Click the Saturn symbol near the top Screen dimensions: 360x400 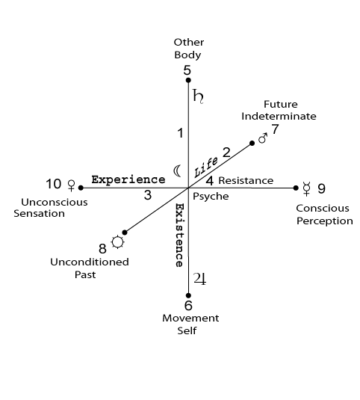198,96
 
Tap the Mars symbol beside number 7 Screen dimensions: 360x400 263,138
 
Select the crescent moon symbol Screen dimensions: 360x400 178,171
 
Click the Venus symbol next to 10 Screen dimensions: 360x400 72,185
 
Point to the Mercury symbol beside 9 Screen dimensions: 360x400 306,188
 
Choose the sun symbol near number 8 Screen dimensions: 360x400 118,241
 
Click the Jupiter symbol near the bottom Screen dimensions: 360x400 199,279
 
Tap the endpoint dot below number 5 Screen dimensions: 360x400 188,80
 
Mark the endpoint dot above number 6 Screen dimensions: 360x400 188,295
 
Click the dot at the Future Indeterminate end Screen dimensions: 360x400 252,143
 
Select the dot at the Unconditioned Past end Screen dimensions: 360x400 125,233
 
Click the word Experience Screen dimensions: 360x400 128,179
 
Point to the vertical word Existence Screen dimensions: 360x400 179,235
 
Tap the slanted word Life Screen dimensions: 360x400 206,167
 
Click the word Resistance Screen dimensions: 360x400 246,181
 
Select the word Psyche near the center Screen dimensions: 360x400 211,197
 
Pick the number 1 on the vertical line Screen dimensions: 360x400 181,133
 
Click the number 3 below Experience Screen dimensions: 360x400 148,195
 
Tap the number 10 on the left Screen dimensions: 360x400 54,184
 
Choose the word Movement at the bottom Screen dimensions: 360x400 190,319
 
